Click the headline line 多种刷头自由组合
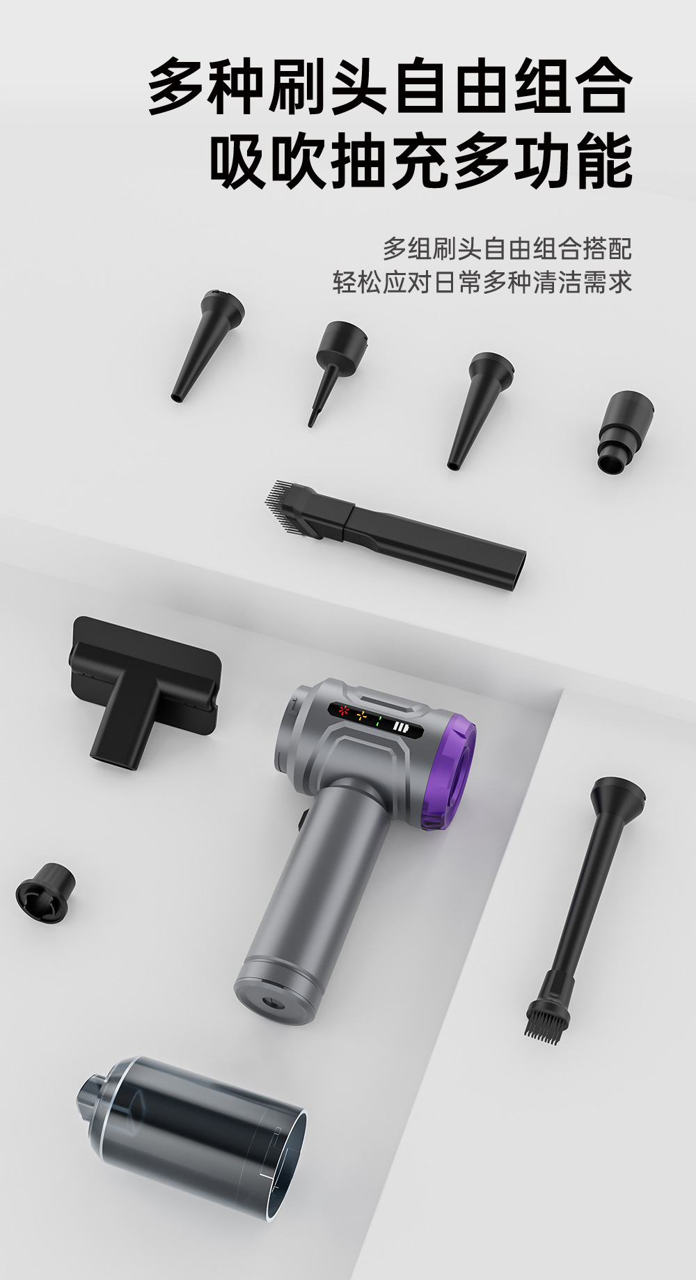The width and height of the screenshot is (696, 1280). coord(390,87)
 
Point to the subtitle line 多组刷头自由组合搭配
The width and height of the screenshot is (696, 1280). coord(507,249)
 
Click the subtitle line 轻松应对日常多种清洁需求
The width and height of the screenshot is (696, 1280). coord(482,282)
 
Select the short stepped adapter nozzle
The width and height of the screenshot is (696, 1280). coord(624,432)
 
